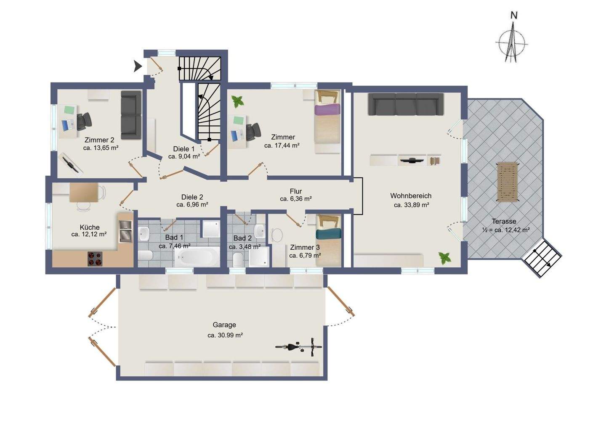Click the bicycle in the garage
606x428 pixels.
tap(299, 347)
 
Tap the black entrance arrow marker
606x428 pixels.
tap(138, 66)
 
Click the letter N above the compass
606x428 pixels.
tap(514, 16)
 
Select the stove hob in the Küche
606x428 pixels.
tap(95, 259)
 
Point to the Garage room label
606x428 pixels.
tap(224, 325)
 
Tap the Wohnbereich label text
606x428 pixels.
tap(411, 196)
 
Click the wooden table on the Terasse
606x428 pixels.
tap(508, 181)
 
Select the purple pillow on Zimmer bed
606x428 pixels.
tap(327, 109)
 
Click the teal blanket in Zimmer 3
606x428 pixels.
tap(328, 234)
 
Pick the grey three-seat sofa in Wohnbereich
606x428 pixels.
tap(406, 104)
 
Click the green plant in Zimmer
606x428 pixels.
tap(237, 102)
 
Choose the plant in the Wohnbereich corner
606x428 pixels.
tap(444, 258)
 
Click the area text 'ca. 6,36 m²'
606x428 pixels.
tap(296, 199)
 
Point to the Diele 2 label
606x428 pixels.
tap(192, 197)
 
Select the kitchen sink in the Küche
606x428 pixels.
tap(125, 231)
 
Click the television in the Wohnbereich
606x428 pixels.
tap(412, 160)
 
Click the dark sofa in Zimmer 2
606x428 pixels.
tap(131, 115)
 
